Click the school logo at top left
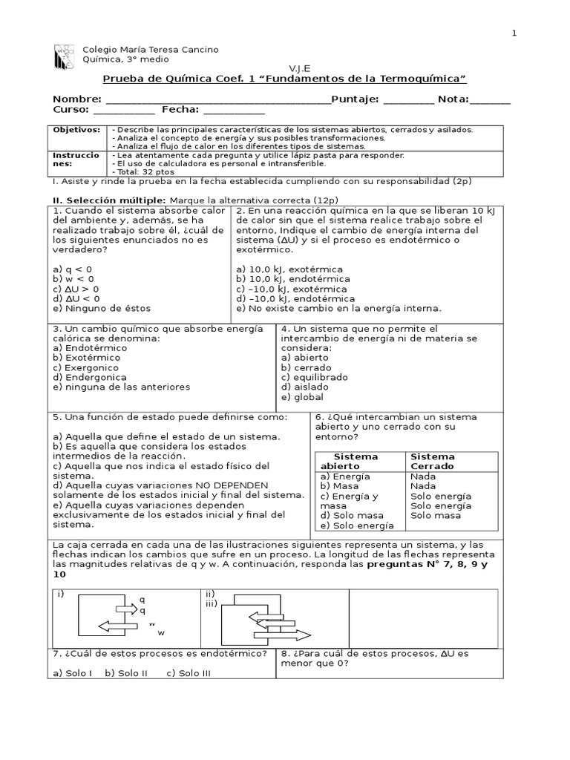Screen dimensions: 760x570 tap(64, 55)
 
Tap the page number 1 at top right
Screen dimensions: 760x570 tap(514, 33)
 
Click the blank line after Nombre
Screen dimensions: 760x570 tap(217, 101)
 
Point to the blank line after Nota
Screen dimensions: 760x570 tap(490, 101)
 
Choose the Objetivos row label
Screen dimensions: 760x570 tap(76, 130)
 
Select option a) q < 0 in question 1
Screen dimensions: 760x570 tap(73, 268)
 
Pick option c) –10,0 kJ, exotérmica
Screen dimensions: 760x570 tap(292, 289)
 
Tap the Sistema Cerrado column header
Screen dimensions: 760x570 tap(433, 461)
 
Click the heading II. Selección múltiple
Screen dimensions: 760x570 tap(108, 200)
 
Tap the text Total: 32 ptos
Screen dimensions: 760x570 tap(145, 171)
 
